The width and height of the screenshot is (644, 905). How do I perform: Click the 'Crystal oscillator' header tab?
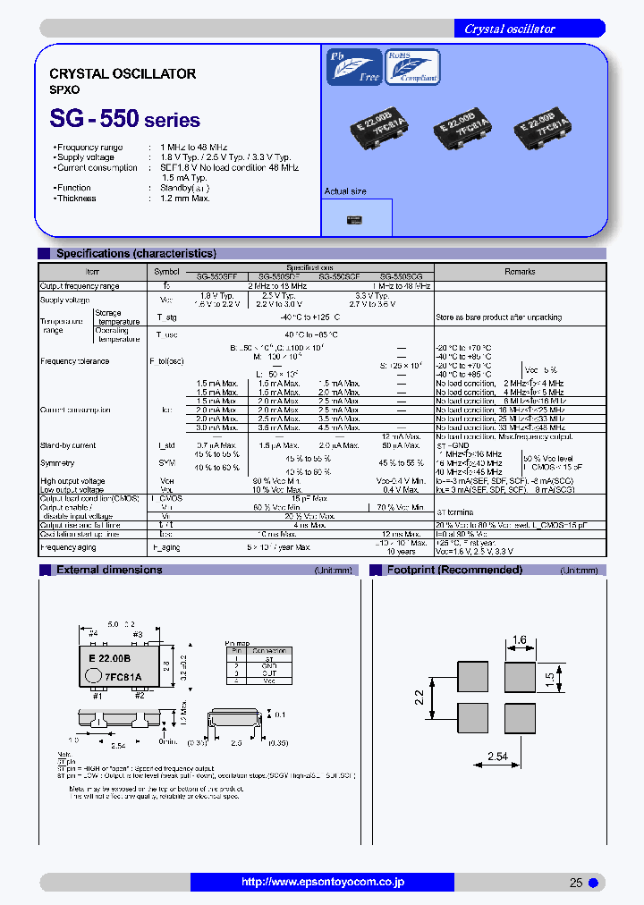[x=510, y=29]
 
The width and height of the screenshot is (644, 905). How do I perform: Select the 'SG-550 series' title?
[x=124, y=118]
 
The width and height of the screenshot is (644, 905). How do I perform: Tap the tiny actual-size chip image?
[x=354, y=217]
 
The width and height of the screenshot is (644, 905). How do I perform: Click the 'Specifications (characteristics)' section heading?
[x=136, y=254]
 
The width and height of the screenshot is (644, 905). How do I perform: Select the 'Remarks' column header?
[x=519, y=271]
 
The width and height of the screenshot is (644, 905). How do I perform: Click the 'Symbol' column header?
[x=166, y=271]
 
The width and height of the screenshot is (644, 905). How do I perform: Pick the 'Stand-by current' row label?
[x=68, y=444]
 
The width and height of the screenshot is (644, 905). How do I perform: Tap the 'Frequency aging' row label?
[x=70, y=546]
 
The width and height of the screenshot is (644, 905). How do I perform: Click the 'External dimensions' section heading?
[x=109, y=570]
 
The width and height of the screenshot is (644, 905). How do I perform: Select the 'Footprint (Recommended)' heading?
[x=454, y=570]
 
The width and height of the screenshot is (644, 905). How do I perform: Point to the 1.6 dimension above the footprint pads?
[x=520, y=640]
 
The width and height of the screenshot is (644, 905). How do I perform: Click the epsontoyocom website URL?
[x=323, y=882]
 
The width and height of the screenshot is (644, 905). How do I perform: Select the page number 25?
[x=576, y=883]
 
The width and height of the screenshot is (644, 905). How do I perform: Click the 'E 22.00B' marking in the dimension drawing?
[x=109, y=657]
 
